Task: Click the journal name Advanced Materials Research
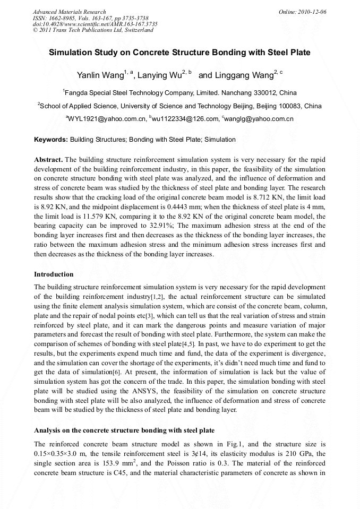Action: pos(69,12)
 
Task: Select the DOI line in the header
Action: pos(95,24)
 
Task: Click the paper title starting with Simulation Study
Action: pos(179,53)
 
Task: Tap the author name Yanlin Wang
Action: pos(100,75)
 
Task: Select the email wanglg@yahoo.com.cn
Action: pos(259,119)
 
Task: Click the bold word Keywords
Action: pos(50,140)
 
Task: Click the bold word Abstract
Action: pos(48,160)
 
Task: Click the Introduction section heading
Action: pos(54,274)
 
